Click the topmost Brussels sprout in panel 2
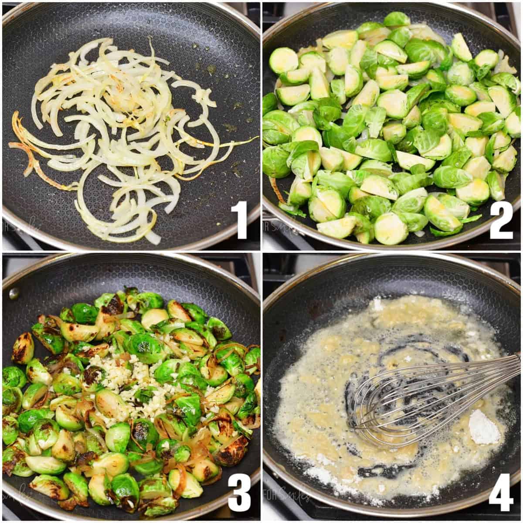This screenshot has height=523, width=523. [396, 20]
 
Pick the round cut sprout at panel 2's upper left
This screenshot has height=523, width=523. [283, 60]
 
